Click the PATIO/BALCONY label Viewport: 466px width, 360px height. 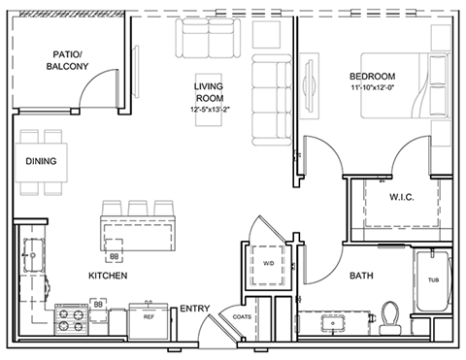(67, 60)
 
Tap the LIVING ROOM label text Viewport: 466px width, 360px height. (210, 92)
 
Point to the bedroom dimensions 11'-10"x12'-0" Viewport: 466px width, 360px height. (372, 87)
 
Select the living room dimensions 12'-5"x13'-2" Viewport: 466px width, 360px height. (210, 110)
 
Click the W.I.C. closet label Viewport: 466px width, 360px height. (402, 197)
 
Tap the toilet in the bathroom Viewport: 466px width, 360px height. (390, 318)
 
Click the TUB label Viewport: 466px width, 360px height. (434, 280)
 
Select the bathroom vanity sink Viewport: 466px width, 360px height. (333, 323)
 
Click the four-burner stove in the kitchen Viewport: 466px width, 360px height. (71, 319)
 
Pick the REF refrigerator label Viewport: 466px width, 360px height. (149, 317)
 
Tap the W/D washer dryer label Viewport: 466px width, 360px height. (268, 263)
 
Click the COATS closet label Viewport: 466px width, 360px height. (242, 317)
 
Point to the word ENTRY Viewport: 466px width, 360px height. (195, 309)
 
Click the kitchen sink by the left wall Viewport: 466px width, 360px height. (33, 255)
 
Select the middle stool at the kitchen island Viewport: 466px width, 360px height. (138, 209)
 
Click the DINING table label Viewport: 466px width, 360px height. (41, 161)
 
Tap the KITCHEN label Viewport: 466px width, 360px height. (108, 276)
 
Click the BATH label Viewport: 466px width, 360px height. (361, 276)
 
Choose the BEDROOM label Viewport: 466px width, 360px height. (373, 77)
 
